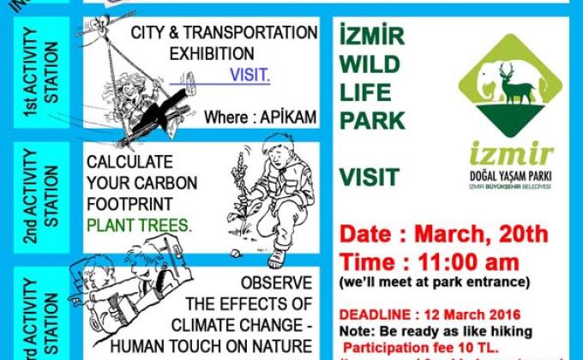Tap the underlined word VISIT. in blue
pos(249,75)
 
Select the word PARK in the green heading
pos(372,120)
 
